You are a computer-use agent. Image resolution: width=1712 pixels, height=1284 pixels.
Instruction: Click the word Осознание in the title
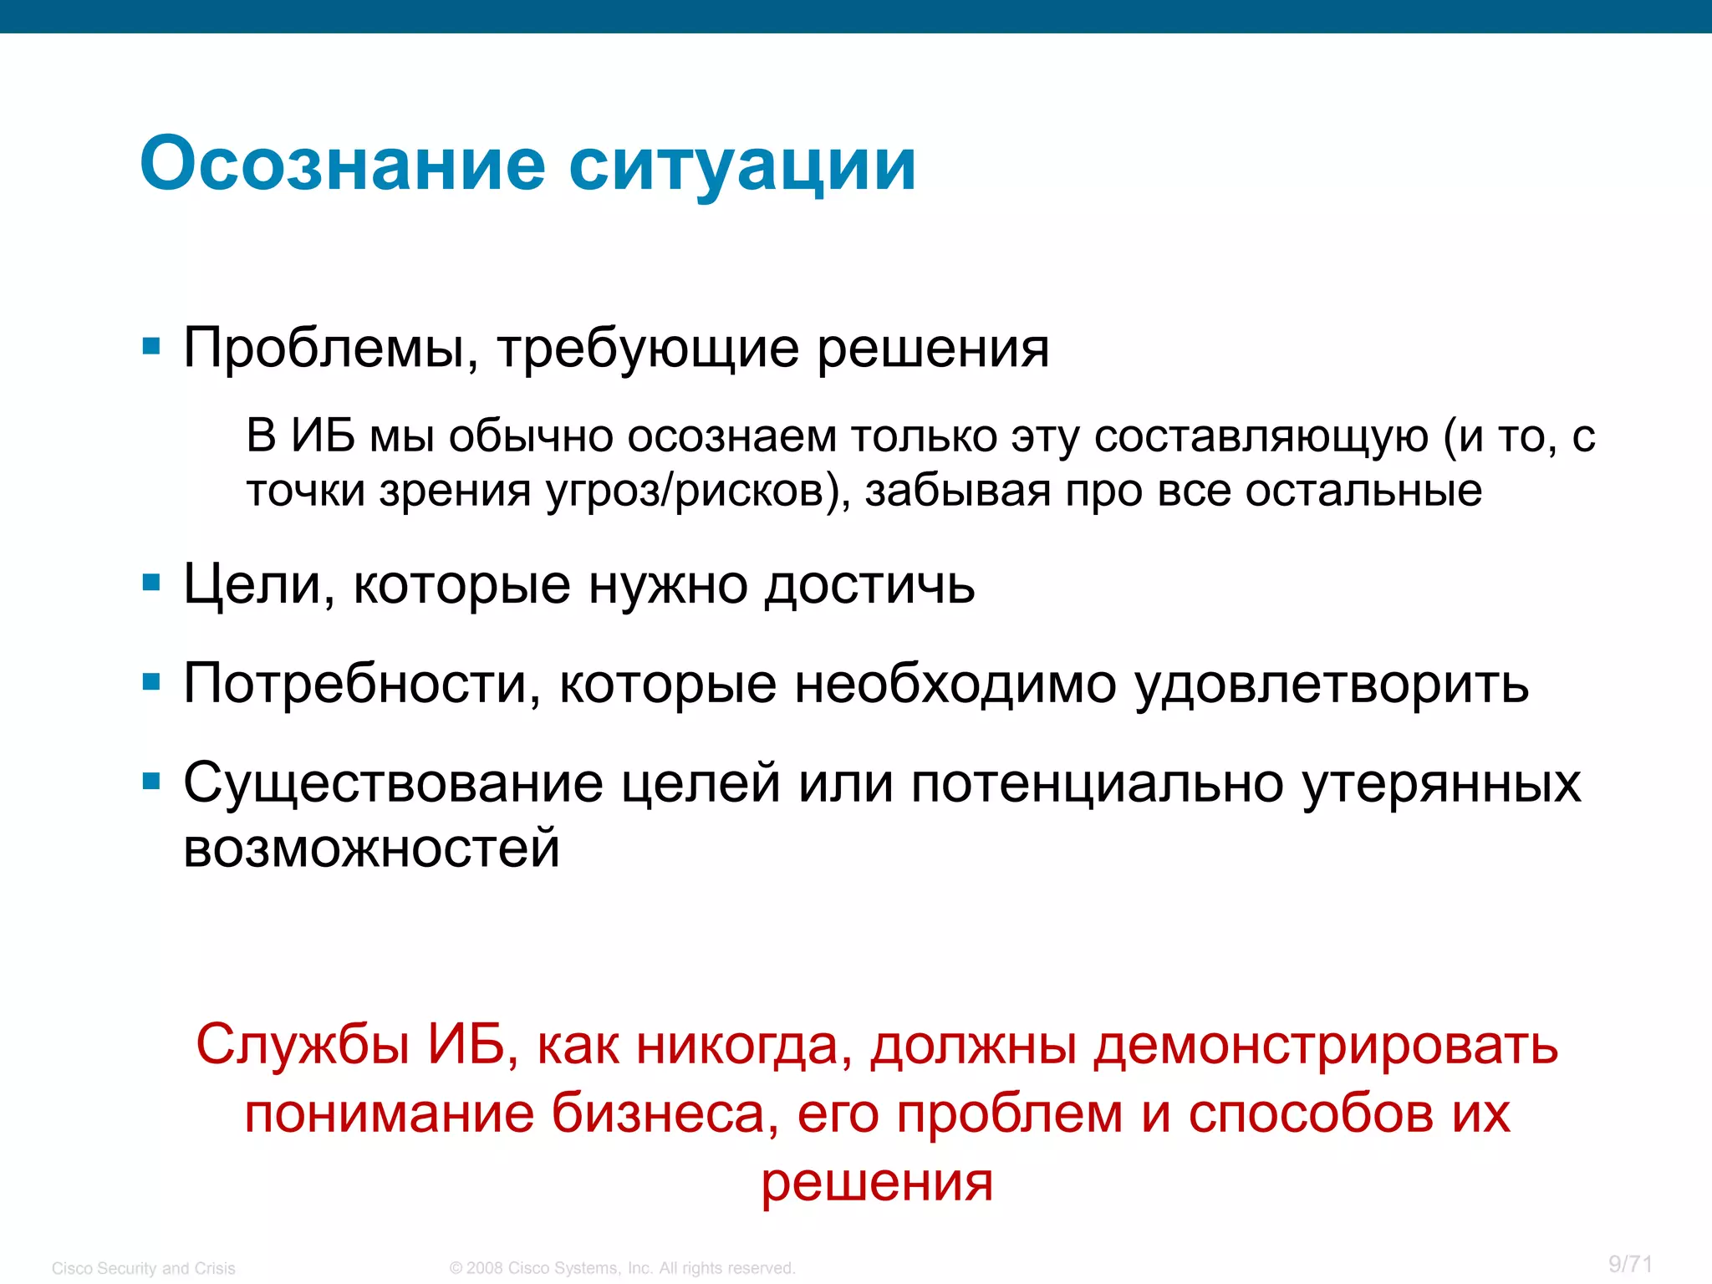coord(343,165)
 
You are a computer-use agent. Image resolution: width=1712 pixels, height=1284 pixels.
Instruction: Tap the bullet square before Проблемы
coord(151,346)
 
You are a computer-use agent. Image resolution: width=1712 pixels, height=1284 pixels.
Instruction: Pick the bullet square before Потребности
coord(151,682)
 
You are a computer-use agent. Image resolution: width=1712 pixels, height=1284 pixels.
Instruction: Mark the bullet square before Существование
coord(151,782)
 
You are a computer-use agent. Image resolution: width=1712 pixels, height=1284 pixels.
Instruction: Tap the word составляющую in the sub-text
coord(1261,436)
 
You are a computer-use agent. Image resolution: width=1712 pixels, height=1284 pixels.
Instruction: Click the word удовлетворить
coord(1332,684)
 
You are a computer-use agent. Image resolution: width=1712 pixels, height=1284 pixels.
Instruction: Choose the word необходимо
coord(955,684)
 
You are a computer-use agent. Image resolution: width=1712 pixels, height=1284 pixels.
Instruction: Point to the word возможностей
coord(371,848)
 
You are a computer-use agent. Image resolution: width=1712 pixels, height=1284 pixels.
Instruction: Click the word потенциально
coord(1097,784)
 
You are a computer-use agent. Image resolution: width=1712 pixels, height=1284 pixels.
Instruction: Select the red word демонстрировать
coord(1326,1045)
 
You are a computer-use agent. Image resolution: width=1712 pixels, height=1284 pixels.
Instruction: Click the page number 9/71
coord(1631,1264)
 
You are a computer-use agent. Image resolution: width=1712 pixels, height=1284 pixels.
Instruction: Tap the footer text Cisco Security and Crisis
coord(144,1268)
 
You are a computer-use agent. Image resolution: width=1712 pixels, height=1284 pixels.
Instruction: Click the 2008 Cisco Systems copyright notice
coord(622,1268)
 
